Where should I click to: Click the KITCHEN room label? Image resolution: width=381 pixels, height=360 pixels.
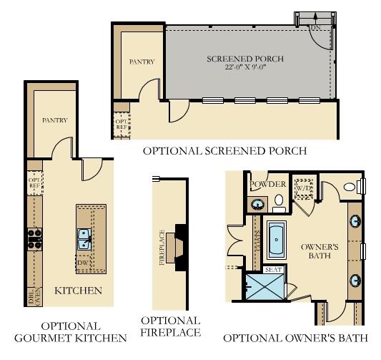pos(78,291)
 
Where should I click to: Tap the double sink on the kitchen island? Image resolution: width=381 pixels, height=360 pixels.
pos(84,235)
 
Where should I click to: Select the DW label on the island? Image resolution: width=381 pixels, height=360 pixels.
pos(84,263)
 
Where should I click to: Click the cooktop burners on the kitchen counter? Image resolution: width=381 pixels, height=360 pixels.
pos(33,238)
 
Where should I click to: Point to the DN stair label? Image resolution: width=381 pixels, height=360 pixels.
pos(314,28)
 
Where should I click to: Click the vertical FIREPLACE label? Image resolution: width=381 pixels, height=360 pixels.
pos(162,248)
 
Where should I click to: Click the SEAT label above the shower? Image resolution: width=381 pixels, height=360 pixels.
pos(272,270)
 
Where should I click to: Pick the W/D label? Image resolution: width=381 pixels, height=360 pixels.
pos(306,188)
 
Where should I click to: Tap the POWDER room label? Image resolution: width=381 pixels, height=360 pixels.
pos(268,184)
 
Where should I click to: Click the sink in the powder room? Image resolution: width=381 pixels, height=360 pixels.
pos(256,204)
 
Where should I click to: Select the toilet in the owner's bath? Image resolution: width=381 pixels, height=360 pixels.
pos(350,188)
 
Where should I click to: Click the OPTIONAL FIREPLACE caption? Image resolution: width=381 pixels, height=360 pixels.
pos(170,326)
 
